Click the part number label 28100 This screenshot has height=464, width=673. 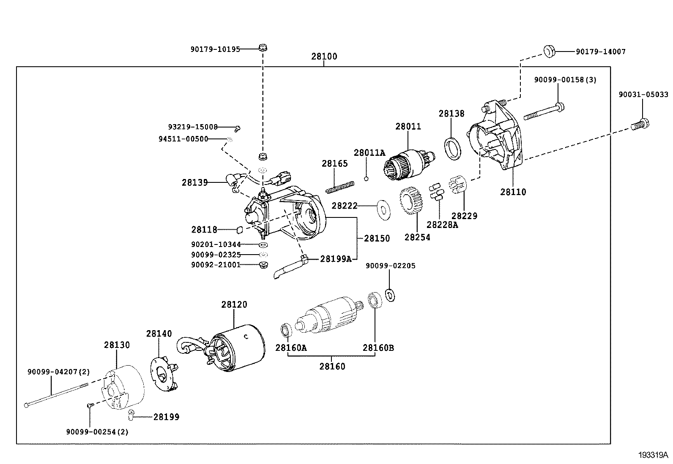tap(324, 57)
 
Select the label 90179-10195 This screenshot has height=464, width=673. tap(215, 49)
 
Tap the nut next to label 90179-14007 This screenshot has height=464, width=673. tap(549, 51)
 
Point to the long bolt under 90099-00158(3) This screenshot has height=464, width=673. tap(543, 111)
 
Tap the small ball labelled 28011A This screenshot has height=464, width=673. tap(367, 178)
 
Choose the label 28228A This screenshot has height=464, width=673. tap(442, 225)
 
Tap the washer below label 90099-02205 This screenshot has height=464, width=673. tap(391, 295)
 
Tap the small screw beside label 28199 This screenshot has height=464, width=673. tap(131, 415)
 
